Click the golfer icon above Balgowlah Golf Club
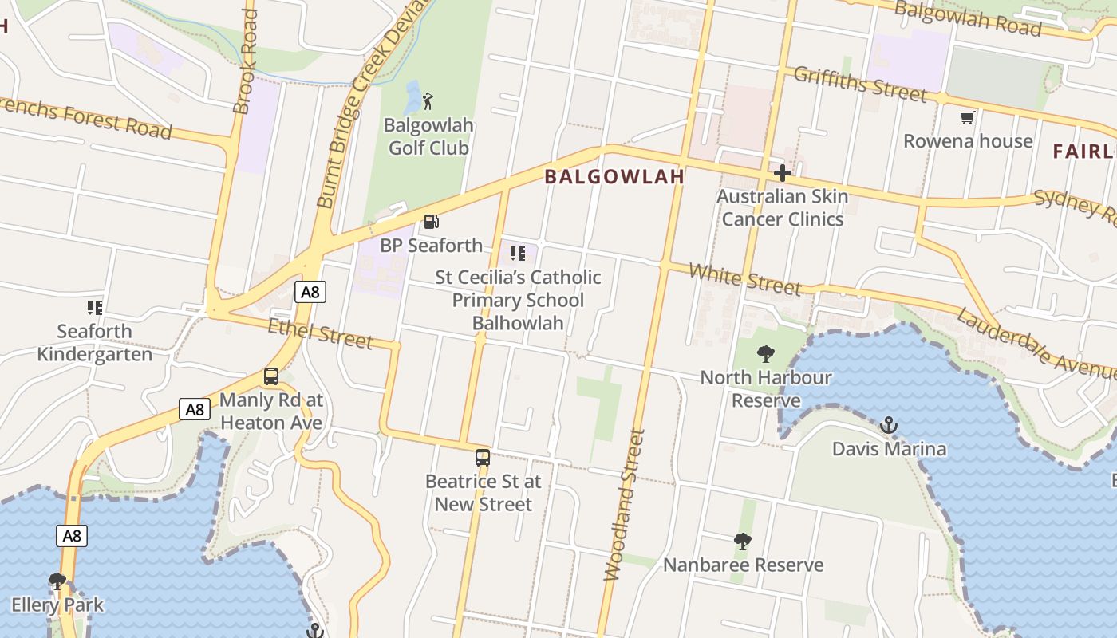coord(428,101)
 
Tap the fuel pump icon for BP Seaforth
coord(432,222)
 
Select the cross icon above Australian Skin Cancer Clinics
coord(782,172)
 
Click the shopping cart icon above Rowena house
coord(968,118)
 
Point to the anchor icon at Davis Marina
coord(889,425)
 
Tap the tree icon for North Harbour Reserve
coord(766,353)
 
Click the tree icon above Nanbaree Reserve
coord(743,542)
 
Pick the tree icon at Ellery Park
coord(57,581)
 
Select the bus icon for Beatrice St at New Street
coord(483,458)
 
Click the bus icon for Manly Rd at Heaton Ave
coord(271,376)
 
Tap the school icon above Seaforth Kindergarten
coord(95,307)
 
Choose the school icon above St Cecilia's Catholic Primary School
coord(518,254)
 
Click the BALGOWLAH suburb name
coord(614,177)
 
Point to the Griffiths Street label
coord(861,84)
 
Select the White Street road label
coord(744,279)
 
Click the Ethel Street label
coord(320,333)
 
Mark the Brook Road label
coord(245,61)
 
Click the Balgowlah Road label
coord(967,18)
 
